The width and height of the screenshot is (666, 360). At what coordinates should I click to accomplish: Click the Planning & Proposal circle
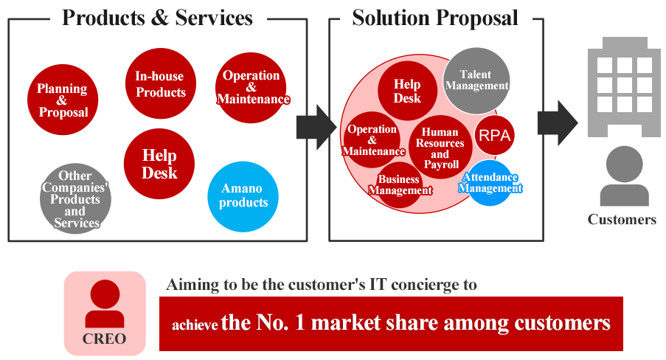click(x=63, y=100)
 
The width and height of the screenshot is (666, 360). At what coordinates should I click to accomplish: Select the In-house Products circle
click(x=161, y=84)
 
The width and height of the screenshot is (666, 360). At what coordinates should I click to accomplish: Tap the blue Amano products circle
click(x=243, y=196)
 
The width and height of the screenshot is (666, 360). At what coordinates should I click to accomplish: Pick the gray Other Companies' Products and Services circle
click(x=76, y=198)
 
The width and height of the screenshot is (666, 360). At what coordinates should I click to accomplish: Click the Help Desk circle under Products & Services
click(x=159, y=164)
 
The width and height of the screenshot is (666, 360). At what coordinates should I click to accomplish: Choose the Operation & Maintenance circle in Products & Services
click(x=251, y=88)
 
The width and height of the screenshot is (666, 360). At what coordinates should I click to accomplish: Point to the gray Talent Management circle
click(x=476, y=80)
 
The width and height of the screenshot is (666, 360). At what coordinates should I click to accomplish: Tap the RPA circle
click(x=494, y=135)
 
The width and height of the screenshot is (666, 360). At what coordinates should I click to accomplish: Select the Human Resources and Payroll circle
click(x=440, y=147)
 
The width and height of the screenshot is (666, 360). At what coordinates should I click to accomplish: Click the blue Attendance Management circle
click(x=490, y=183)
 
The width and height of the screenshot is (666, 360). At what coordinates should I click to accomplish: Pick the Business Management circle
click(x=399, y=185)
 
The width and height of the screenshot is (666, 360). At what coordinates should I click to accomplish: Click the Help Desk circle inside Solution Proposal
click(x=407, y=91)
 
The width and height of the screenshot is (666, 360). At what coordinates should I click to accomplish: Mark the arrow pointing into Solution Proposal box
click(x=316, y=127)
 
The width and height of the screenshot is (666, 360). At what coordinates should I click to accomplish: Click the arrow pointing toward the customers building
click(x=558, y=123)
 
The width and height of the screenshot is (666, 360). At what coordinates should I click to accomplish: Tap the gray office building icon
click(x=624, y=87)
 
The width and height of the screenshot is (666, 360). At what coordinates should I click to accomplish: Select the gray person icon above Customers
click(x=625, y=176)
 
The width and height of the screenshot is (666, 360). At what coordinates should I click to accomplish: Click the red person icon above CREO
click(x=105, y=303)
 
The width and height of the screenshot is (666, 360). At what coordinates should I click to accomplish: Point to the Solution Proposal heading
click(x=435, y=18)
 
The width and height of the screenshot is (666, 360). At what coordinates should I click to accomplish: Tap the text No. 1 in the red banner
click(x=281, y=322)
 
